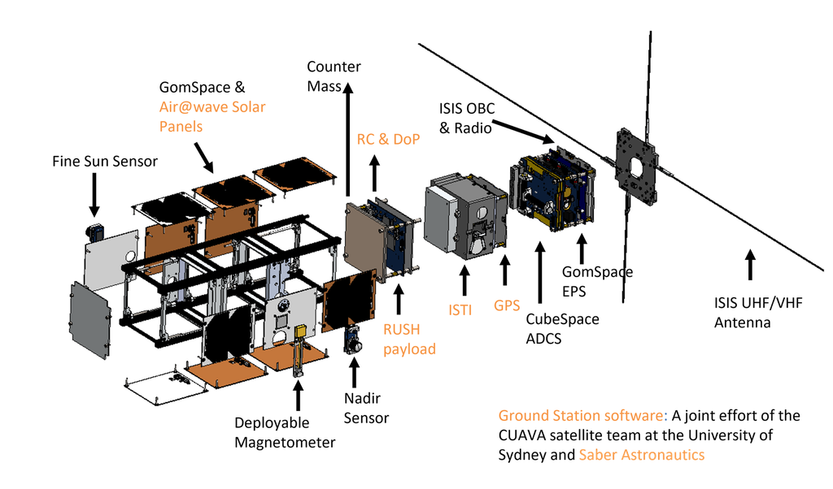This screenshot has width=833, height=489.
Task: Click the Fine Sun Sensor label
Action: point(105,161)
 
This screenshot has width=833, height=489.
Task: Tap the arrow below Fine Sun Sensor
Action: point(94,195)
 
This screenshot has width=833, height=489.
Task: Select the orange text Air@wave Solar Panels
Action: point(212,117)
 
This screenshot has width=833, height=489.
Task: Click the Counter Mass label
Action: point(334,76)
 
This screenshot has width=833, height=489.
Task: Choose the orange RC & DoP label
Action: point(388,139)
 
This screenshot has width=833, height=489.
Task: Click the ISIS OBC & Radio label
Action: point(466,119)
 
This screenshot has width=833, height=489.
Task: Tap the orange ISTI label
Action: point(460,309)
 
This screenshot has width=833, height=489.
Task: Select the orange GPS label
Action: point(507,305)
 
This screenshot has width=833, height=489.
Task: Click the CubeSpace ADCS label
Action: point(562,329)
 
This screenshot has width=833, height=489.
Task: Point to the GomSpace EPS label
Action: point(597,281)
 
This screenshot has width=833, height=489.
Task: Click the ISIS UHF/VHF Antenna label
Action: point(758,313)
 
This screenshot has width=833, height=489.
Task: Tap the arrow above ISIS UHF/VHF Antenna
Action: point(750,265)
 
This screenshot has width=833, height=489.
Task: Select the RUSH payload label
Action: point(410,339)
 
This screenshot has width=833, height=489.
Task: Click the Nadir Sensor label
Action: point(366,408)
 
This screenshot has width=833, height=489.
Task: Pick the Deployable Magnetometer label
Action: point(285,432)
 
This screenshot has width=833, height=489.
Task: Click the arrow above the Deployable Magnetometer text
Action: point(298,395)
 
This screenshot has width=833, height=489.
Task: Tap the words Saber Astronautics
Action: point(642,455)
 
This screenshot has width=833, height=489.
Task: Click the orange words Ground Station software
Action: point(581,415)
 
